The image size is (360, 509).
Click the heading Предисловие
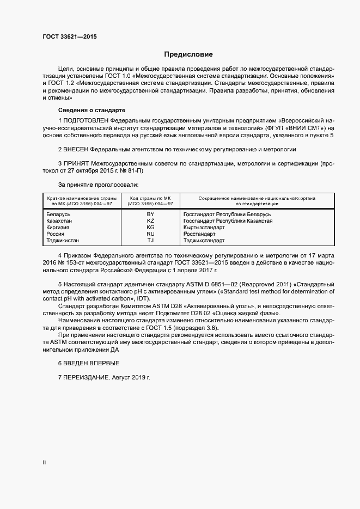[x=188, y=54]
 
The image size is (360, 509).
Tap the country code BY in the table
[x=151, y=214]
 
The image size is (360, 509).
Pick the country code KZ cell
[x=151, y=221]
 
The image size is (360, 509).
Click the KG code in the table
[x=151, y=228]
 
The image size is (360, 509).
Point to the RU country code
[x=151, y=234]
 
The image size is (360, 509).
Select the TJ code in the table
[x=151, y=240]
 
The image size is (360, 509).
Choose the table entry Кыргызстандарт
[x=204, y=228]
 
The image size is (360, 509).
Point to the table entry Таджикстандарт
[x=204, y=240]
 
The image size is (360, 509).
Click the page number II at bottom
[x=44, y=462]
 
